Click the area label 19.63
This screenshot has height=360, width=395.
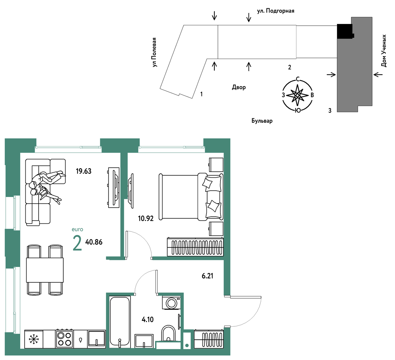[x=84, y=171]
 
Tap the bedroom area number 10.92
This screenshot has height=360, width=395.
[x=146, y=218]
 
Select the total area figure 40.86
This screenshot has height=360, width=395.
[x=94, y=242]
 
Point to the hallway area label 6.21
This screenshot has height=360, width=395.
[x=207, y=276]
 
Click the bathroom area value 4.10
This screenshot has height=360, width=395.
[x=148, y=319]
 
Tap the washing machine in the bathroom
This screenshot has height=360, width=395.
[x=172, y=303]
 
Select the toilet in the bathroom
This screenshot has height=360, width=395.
[x=168, y=333]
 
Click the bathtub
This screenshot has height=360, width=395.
[x=120, y=322]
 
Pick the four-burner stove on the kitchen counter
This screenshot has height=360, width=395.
[x=65, y=339]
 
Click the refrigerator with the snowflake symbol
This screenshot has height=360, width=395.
[x=34, y=339]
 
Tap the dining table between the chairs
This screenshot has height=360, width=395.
[x=45, y=270]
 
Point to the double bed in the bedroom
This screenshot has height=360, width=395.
[x=191, y=197]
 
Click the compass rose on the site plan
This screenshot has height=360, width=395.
[x=297, y=95]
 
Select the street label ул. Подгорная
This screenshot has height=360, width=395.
[x=275, y=11]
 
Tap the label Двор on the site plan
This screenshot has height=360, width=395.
[x=239, y=87]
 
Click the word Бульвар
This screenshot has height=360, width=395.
[x=262, y=121]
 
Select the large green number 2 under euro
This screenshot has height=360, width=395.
[x=77, y=243]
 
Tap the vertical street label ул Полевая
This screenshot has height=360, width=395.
[x=154, y=52]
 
